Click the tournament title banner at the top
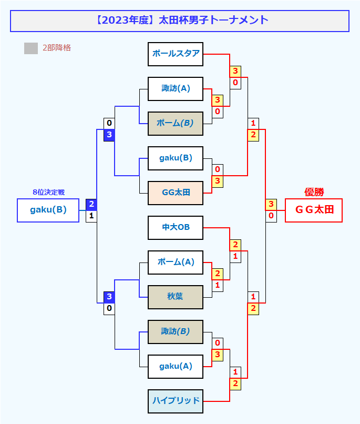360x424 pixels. click(180, 21)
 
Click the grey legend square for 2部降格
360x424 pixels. click(31, 48)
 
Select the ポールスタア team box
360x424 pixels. click(176, 54)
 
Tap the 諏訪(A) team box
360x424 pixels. click(176, 88)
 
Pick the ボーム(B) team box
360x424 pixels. click(176, 124)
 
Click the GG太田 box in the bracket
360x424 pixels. click(176, 193)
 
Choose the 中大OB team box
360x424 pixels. click(176, 228)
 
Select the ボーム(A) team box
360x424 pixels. click(176, 263)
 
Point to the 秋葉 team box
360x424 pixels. click(176, 297)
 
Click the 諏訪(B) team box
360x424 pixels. click(176, 332)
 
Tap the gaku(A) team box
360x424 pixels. click(176, 367)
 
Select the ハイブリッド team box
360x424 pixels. click(176, 401)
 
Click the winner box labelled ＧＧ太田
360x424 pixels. click(314, 210)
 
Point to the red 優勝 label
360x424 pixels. click(314, 192)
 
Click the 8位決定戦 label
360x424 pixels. click(48, 193)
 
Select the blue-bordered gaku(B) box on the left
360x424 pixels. click(48, 210)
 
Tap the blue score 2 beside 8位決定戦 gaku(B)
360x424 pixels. click(91, 205)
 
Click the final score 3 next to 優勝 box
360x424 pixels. click(271, 205)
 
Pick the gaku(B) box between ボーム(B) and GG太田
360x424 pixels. click(176, 158)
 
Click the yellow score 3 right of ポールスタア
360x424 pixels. click(235, 71)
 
